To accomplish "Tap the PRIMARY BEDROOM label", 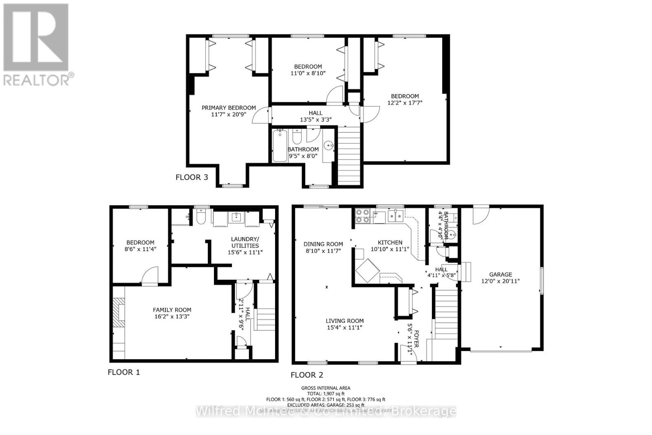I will coord(229,108).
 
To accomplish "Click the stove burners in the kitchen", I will coord(362,215).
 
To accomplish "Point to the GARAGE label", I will coord(500,274).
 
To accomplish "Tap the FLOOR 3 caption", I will coord(192,177).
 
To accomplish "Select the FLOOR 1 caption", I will coord(123,372).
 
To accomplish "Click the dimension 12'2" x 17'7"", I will coord(405,103).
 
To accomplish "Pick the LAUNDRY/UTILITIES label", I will coord(245,242).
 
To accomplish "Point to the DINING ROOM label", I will coord(323,244).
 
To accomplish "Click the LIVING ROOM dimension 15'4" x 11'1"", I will coord(344,327).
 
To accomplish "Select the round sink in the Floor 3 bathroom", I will coord(328,145).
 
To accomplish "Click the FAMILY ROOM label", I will coord(172,310).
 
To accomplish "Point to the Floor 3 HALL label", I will coord(315,113).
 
